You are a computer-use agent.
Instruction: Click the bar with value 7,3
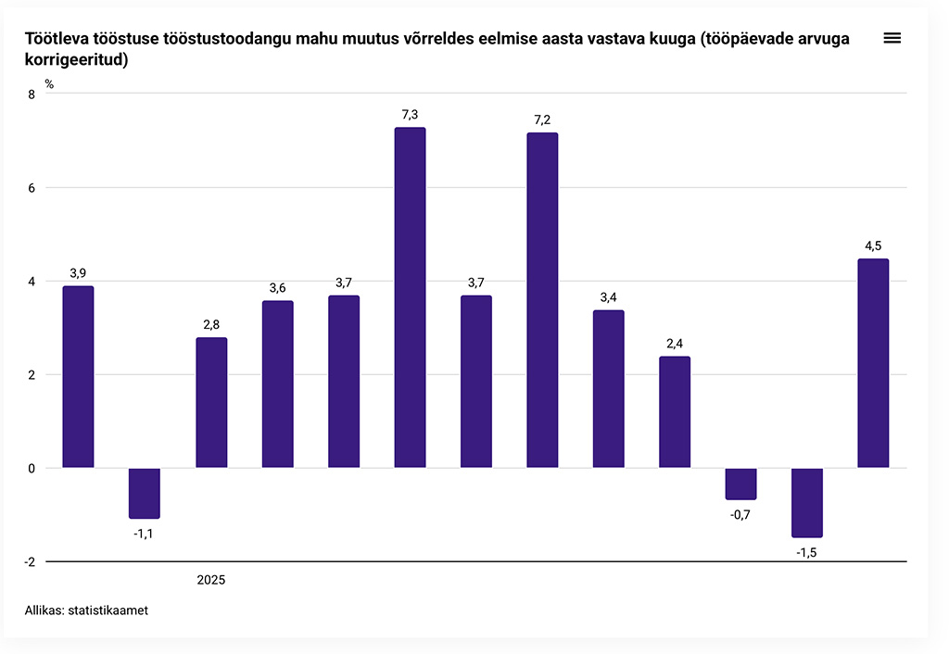(410, 297)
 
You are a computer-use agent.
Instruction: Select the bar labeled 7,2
(542, 300)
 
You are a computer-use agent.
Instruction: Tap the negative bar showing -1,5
(807, 502)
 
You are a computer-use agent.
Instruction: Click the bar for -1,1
(145, 493)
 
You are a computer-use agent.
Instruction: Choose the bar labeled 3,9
(78, 377)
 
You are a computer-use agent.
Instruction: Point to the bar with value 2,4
(675, 412)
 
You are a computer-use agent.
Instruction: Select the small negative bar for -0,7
(740, 484)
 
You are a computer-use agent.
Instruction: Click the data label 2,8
(211, 325)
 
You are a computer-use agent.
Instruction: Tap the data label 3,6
(277, 288)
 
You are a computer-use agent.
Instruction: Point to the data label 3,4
(608, 297)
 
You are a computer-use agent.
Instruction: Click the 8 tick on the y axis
(32, 94)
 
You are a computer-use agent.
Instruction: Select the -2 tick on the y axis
(29, 561)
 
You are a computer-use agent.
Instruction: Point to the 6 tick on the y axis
(32, 187)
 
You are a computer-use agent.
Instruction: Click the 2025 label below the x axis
(211, 581)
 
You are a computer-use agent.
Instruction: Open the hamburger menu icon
(892, 38)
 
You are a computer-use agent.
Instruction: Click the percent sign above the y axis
(49, 83)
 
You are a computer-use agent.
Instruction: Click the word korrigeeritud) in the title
(76, 60)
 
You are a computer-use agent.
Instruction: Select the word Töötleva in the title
(61, 38)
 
